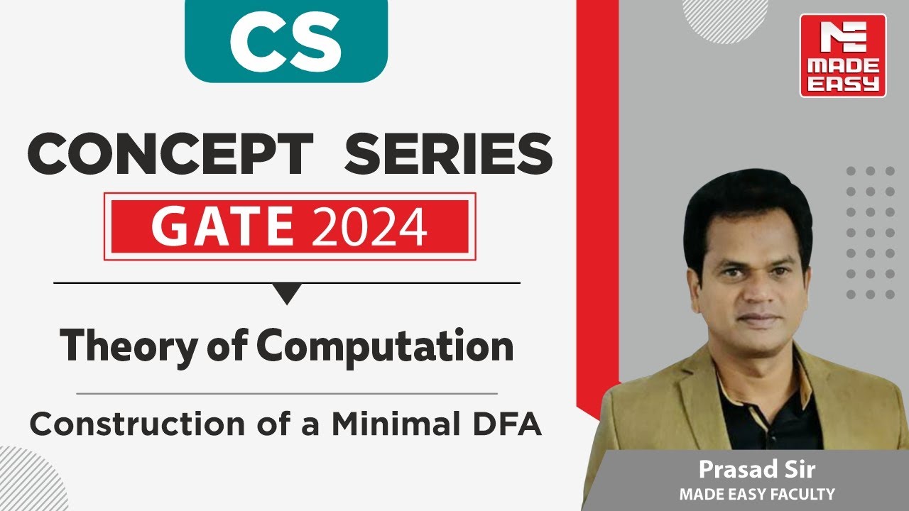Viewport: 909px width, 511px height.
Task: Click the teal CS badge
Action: coord(285,40)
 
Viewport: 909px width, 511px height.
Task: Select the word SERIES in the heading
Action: coord(448,155)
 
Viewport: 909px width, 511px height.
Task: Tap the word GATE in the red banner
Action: coord(222,226)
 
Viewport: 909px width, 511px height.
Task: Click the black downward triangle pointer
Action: coord(287,293)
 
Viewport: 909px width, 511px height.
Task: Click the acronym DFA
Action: coord(507,424)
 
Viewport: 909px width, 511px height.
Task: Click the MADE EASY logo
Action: coord(842,55)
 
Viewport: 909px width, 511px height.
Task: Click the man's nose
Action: coord(749,287)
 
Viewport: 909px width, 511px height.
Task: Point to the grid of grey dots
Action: coord(870,232)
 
